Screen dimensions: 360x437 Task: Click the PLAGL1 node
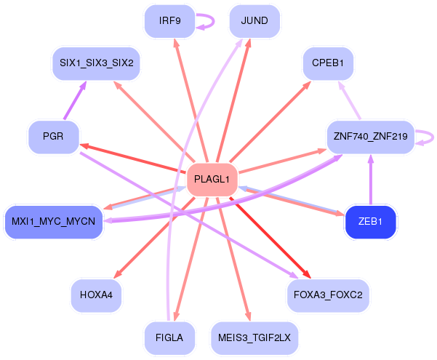212,179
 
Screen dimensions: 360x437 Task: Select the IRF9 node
169,21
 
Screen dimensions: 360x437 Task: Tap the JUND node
254,21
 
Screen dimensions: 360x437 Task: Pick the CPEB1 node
328,63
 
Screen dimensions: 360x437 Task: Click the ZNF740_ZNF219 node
370,136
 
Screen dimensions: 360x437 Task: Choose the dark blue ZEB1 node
371,221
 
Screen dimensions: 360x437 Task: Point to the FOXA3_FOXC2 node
329,295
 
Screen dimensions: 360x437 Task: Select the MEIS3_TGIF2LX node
254,337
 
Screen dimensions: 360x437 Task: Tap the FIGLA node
169,337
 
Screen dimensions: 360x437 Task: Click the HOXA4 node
96,295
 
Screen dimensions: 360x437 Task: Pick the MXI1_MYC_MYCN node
53,221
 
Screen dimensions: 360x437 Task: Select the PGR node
53,136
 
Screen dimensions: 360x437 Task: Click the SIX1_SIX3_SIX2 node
96,63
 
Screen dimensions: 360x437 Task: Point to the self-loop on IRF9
209,21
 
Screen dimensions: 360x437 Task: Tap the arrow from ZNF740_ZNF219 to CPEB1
350,100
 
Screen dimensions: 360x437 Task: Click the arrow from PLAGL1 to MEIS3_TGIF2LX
233,258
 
